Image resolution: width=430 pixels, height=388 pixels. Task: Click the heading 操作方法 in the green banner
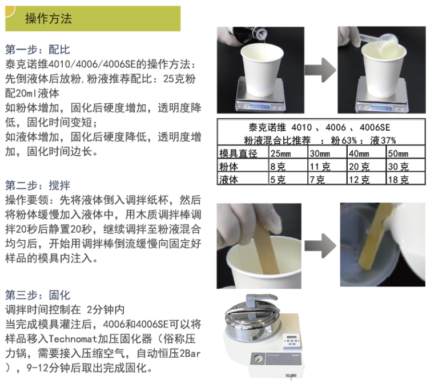[49, 19]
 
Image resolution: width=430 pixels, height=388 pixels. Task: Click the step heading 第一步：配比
[38, 50]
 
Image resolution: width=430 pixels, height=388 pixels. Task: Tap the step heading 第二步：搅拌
[38, 185]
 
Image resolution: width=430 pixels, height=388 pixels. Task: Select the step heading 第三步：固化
[38, 295]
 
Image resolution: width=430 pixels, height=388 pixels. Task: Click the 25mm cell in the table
[280, 153]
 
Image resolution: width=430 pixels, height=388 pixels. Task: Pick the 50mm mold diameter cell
[398, 153]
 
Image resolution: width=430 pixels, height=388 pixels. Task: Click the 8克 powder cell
[278, 166]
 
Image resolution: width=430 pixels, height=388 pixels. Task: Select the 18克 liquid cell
[398, 180]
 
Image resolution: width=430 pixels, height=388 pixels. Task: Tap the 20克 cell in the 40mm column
[359, 166]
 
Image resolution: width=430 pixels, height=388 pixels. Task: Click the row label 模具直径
[238, 153]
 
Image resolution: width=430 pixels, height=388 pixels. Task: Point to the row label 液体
[228, 180]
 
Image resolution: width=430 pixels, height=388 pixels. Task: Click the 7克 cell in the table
[317, 180]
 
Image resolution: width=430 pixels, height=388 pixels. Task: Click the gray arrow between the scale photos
[320, 70]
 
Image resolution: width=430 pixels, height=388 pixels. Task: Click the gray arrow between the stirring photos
[320, 245]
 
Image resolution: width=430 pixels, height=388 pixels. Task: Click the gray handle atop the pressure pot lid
[260, 301]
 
